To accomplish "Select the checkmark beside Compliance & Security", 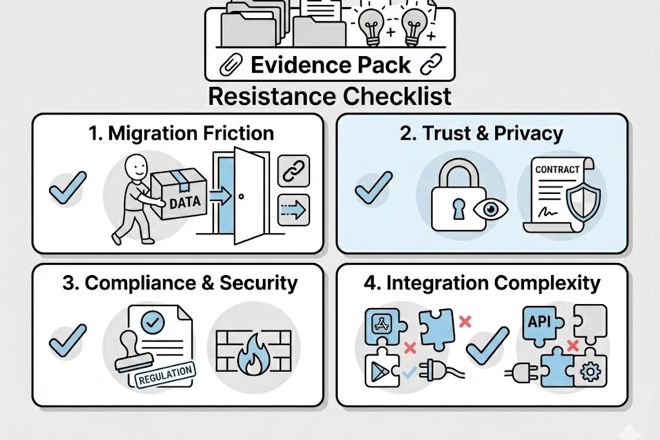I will (68, 338).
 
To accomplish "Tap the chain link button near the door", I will (293, 170).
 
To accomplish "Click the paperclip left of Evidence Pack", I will (231, 65).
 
